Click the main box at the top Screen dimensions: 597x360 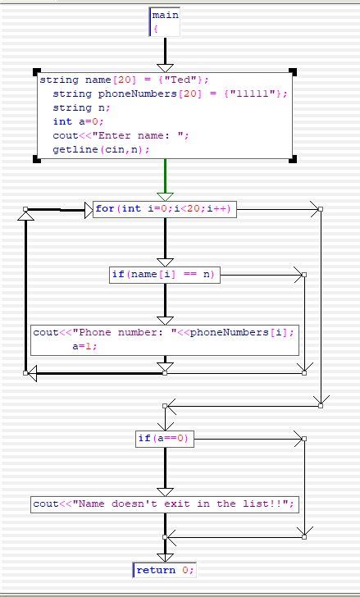164,21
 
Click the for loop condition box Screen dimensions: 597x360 165,209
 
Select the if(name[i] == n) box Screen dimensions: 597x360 165,275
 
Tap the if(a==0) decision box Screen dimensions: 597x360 165,439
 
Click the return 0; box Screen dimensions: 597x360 165,570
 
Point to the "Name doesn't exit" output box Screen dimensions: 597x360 165,504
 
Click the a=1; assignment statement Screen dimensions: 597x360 84,346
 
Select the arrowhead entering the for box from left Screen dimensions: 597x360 89,210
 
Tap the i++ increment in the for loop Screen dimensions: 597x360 222,209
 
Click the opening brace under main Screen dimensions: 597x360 154,29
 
